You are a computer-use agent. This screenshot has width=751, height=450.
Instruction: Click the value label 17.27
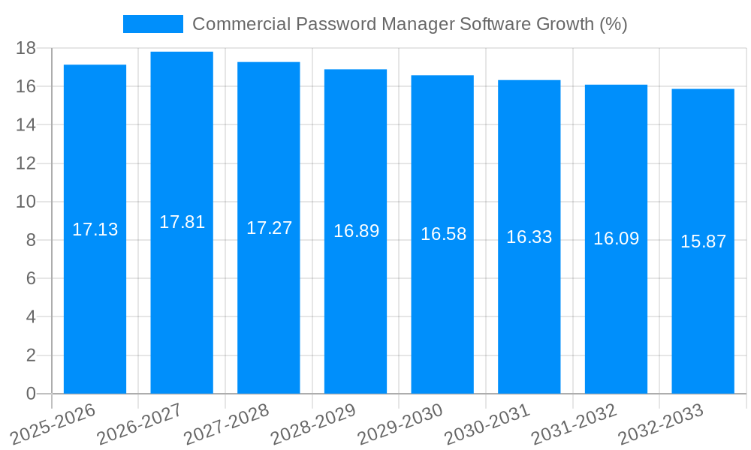pyautogui.click(x=269, y=228)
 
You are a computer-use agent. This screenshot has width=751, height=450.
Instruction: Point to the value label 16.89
pyautogui.click(x=356, y=231)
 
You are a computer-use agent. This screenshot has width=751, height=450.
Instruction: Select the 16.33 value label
pyautogui.click(x=529, y=237)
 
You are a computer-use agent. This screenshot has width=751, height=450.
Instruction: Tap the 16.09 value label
pyautogui.click(x=616, y=238)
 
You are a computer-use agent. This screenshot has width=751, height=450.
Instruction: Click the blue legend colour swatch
pyautogui.click(x=153, y=24)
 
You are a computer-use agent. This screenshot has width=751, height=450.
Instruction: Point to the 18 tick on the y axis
pyautogui.click(x=26, y=48)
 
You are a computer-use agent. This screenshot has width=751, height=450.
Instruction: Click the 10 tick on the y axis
pyautogui.click(x=26, y=202)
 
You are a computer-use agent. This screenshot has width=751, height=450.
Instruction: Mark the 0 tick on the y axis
pyautogui.click(x=31, y=394)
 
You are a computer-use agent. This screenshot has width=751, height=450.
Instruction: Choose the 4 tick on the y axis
pyautogui.click(x=31, y=317)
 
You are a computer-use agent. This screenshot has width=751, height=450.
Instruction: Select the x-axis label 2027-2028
pyautogui.click(x=226, y=424)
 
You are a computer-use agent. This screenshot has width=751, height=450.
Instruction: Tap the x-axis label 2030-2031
pyautogui.click(x=487, y=424)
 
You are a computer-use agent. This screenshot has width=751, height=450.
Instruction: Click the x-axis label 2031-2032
pyautogui.click(x=574, y=424)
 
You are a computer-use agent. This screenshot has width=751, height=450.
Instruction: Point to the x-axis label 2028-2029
pyautogui.click(x=313, y=424)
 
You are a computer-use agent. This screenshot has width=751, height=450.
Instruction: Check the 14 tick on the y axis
pyautogui.click(x=26, y=124)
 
